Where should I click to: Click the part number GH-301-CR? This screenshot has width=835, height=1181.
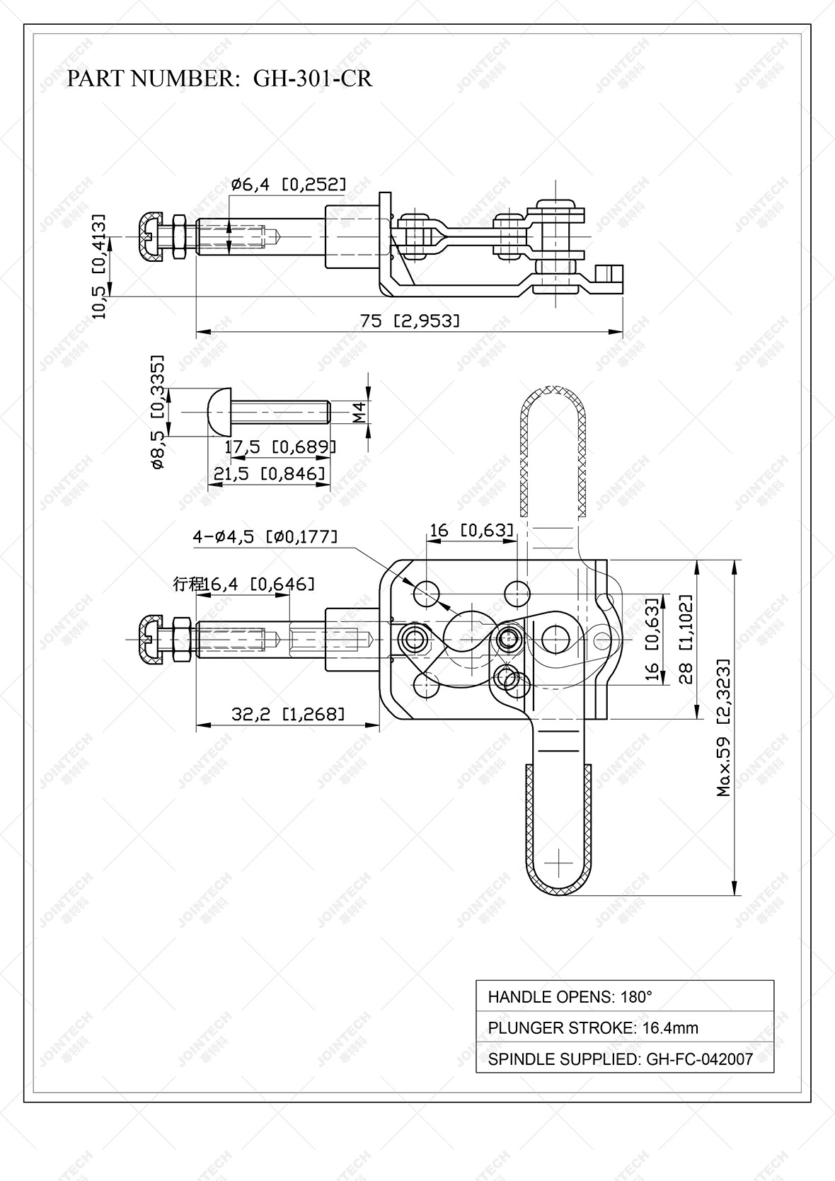point(312,78)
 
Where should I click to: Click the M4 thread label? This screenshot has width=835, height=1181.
point(360,411)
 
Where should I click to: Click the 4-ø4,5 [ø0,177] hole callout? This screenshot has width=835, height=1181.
point(265,536)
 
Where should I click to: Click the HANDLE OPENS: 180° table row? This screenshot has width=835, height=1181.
point(624,997)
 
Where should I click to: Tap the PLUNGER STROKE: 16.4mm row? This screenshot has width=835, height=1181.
point(624,1027)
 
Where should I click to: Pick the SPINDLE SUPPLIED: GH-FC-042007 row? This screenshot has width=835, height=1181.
point(624,1059)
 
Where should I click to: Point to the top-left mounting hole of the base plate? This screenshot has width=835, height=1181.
point(427,594)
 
